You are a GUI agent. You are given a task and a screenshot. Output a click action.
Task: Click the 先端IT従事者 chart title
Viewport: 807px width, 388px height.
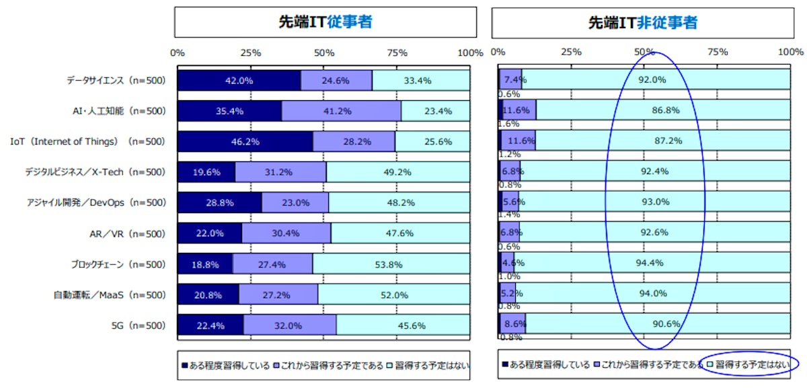pos(325,22)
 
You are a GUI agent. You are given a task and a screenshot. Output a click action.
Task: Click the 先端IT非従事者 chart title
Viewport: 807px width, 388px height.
pos(642,22)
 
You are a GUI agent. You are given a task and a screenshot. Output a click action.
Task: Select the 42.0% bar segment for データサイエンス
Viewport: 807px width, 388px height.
pos(239,80)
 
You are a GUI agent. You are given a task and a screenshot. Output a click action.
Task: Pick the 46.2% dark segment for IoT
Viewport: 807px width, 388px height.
pos(245,142)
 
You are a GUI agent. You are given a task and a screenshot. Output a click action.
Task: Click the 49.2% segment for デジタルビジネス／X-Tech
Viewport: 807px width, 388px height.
pos(398,172)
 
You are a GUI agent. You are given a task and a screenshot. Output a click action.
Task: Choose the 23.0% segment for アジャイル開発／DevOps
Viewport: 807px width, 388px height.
pos(295,202)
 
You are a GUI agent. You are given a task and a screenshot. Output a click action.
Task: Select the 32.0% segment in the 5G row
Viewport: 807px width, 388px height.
pos(290,325)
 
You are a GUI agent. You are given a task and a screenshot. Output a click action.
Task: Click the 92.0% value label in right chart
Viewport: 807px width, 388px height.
pos(652,79)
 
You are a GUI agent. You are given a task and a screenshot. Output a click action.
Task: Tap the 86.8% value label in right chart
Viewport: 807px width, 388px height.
pos(661,110)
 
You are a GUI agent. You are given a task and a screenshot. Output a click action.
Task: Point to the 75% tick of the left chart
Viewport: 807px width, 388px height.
pos(397,52)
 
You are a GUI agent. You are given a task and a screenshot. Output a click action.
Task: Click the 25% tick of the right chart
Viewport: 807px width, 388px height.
pos(571,52)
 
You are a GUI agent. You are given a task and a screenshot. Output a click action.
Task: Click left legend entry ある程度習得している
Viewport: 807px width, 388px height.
pos(226,366)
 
